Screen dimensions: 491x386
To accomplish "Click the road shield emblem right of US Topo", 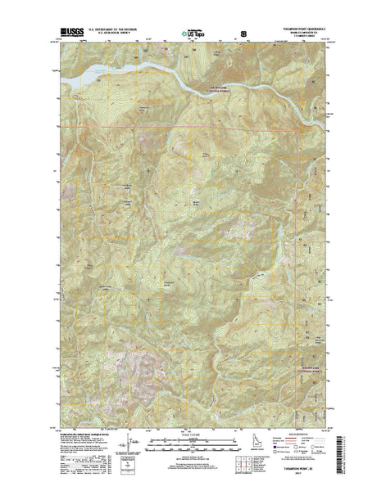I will coord(243,34).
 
